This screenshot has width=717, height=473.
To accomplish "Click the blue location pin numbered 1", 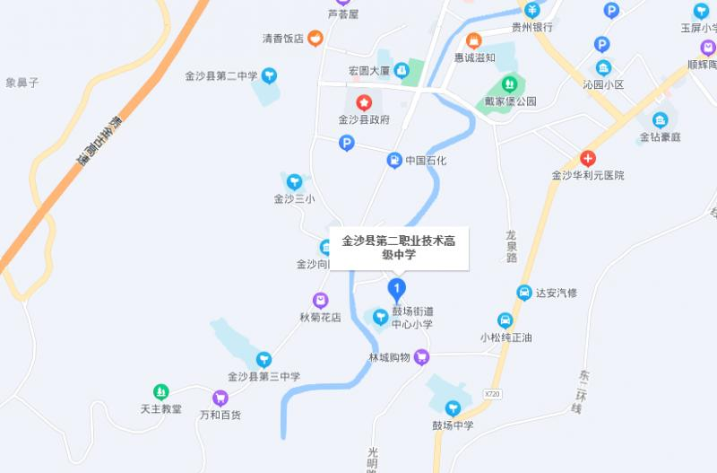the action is click(396, 287).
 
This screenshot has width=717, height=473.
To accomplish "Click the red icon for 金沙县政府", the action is click(364, 103).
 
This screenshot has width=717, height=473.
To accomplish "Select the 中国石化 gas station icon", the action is click(394, 161).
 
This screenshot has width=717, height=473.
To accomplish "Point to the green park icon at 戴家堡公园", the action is click(510, 84).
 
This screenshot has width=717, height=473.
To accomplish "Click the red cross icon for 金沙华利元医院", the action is click(588, 158).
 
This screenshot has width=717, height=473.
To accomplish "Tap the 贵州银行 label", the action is click(531, 27).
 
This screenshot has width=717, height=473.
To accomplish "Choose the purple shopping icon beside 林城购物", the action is click(422, 357).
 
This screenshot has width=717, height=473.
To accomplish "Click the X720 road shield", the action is click(490, 394).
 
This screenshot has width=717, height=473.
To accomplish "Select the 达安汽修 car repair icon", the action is click(524, 292).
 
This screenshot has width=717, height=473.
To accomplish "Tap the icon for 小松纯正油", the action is click(505, 320).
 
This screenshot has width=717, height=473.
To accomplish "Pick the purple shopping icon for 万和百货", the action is click(220, 398).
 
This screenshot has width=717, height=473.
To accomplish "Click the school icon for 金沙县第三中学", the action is click(263, 360).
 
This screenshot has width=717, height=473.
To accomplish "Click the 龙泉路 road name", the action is click(512, 245).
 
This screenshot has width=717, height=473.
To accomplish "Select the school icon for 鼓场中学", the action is click(453, 408).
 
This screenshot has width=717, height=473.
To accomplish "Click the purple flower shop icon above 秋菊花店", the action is click(320, 300).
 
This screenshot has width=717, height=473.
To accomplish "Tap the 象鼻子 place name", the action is click(22, 83).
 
